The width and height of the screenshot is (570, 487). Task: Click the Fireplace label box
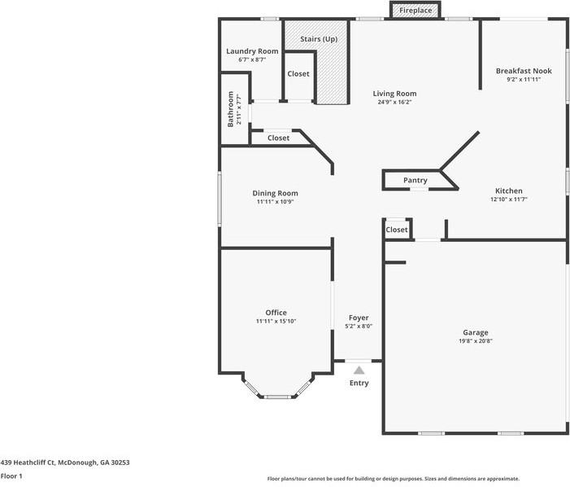416,11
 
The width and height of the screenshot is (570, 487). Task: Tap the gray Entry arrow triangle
359,371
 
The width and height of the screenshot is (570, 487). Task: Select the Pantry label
416,180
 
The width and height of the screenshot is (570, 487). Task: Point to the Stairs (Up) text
319,39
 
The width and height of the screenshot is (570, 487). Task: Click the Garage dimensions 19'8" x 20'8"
476,341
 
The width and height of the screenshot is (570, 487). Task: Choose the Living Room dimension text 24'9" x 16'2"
394,103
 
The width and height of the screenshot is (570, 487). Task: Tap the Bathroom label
230,109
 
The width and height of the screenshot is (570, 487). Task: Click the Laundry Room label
252,51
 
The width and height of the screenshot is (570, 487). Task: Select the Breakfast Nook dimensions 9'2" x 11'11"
524,79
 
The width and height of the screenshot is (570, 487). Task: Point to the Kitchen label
509,191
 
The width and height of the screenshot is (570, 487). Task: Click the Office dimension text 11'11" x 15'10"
276,321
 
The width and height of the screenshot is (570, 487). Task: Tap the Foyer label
359,318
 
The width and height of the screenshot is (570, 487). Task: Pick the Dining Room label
275,193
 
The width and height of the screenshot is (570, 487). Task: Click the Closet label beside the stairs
298,74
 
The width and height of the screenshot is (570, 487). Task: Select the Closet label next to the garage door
397,230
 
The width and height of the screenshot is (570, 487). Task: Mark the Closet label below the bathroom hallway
278,138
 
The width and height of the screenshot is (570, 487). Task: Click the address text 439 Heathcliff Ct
28,463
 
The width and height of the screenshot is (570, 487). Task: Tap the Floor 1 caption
11,476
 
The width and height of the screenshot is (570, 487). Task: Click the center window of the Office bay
277,397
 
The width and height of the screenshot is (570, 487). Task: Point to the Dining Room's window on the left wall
220,199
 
